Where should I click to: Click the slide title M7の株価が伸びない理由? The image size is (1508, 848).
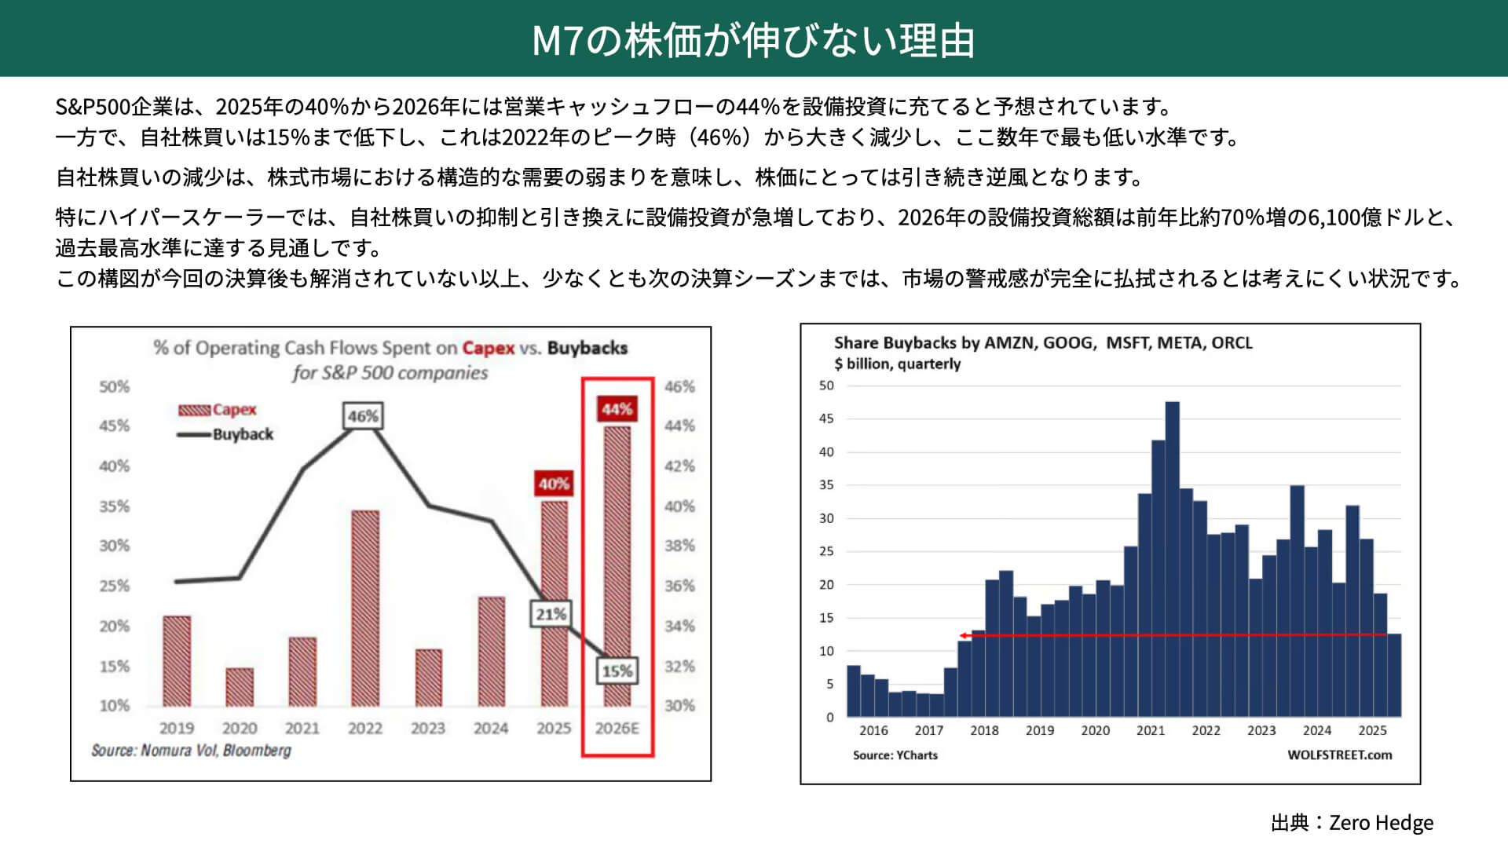click(753, 40)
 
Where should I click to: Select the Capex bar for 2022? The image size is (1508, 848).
click(365, 608)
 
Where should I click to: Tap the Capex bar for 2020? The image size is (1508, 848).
click(240, 686)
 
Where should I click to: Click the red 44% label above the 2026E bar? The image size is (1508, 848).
click(617, 409)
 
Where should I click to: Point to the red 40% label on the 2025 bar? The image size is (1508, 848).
click(554, 484)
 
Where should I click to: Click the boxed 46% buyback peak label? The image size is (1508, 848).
click(363, 416)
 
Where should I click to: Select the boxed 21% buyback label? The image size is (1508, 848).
click(551, 614)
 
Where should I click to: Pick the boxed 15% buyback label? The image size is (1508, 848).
click(617, 671)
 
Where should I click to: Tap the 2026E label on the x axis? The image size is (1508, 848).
click(617, 729)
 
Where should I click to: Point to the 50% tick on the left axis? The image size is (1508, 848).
click(115, 387)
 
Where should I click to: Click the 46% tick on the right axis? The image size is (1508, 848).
click(679, 387)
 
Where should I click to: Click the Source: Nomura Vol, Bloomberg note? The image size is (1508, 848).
click(191, 751)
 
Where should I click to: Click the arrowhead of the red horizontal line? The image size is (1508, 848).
click(963, 635)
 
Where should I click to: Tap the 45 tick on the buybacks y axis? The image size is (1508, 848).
click(826, 419)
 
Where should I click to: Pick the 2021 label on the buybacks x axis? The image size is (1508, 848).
click(1151, 730)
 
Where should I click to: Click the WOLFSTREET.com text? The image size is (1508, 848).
click(1339, 755)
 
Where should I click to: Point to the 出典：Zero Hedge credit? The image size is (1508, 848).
click(1352, 823)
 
